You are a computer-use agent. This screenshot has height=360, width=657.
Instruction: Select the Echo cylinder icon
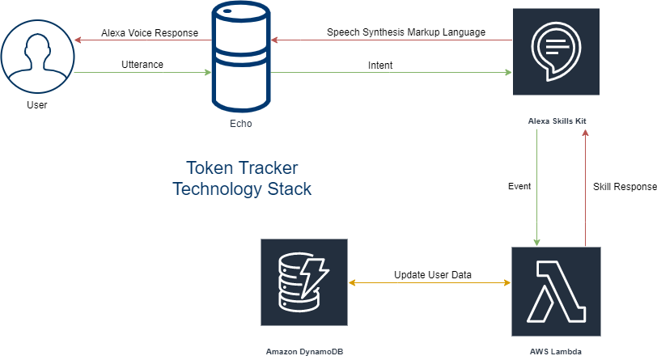click(241, 56)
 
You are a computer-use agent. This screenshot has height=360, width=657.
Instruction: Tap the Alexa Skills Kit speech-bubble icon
click(556, 52)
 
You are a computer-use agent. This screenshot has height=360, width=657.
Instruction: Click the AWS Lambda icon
click(557, 292)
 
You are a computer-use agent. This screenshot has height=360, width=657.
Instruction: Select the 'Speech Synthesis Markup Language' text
click(406, 33)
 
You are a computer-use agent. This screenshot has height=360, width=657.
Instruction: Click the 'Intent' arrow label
click(380, 65)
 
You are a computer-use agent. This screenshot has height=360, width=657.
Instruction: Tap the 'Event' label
click(519, 186)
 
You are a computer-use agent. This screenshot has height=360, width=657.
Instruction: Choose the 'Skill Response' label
click(623, 186)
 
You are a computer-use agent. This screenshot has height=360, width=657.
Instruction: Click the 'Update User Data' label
click(433, 275)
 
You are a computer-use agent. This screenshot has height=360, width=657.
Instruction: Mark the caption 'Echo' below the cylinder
click(241, 124)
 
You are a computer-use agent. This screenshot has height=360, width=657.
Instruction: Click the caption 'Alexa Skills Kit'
click(557, 121)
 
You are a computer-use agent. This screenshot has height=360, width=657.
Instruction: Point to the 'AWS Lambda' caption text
click(557, 352)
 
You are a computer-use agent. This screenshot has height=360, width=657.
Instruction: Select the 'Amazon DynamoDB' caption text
click(305, 352)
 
